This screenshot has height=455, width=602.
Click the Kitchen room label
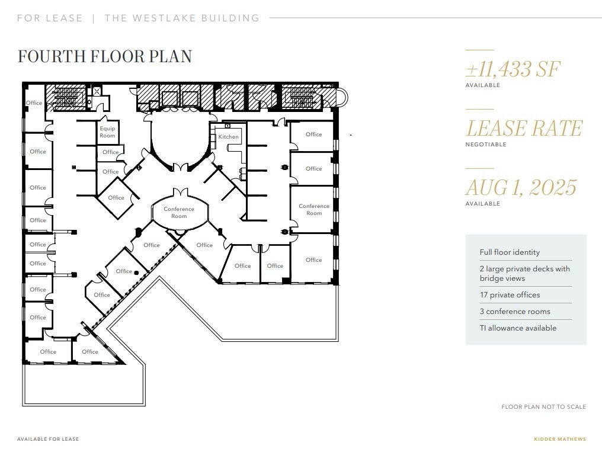coord(228,137)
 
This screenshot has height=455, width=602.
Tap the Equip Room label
coord(107,132)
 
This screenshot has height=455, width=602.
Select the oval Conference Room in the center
coord(179,212)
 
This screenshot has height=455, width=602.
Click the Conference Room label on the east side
coord(314,210)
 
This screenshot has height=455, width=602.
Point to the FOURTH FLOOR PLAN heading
coord(105,56)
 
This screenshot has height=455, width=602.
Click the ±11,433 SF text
coord(513,69)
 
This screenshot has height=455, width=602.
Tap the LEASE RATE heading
coord(524,129)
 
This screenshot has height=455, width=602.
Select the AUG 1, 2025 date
coord(520,188)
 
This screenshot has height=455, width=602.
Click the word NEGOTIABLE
coord(486,145)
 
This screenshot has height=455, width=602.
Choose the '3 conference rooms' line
coord(514,312)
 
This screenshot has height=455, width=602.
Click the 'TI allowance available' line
coord(518,328)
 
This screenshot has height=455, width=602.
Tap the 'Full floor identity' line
coord(510,252)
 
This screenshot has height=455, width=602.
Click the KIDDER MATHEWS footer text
coord(559,439)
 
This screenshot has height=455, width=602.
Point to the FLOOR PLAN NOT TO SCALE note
coord(543,407)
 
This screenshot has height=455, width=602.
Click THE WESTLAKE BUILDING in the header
coord(182,18)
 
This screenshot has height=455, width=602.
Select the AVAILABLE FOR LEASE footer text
coord(48,439)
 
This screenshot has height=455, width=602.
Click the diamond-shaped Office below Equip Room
coord(116,198)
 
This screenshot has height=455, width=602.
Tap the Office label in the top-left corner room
coord(34,103)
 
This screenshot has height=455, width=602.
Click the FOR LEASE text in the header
coord(50,18)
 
